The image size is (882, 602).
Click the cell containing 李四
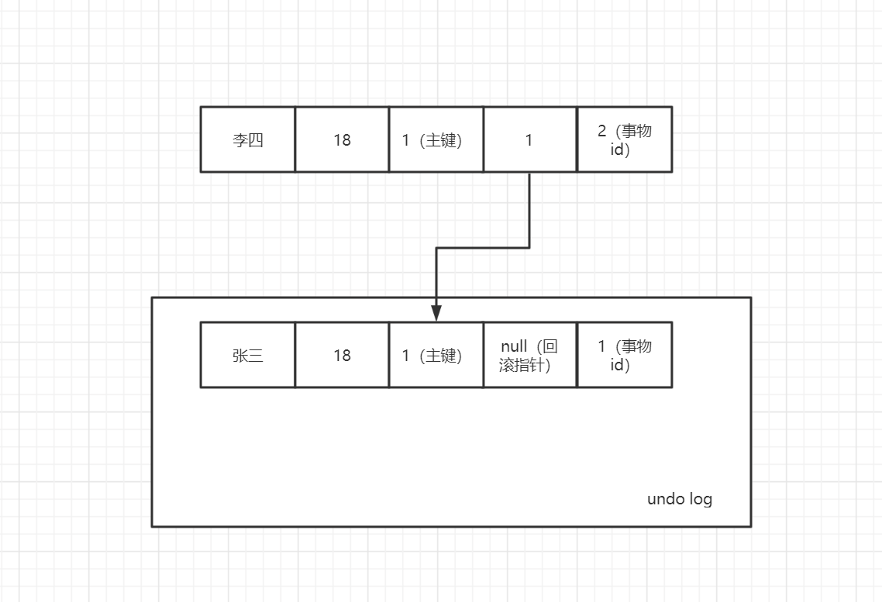pos(248,140)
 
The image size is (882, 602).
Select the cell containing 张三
pos(248,356)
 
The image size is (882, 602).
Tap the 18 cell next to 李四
pos(342,140)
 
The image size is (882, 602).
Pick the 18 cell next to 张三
pos(342,356)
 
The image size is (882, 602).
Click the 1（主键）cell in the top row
pos(436,140)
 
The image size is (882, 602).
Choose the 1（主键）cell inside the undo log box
pos(436,356)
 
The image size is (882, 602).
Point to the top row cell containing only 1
pos(529,140)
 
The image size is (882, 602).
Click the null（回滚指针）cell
pos(529,356)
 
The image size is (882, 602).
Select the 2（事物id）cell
pos(624,140)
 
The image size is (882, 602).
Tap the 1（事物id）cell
pos(624,356)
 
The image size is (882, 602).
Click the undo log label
pos(680,499)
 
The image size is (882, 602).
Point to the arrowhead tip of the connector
pos(436,319)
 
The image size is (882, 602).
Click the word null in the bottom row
pos(514,346)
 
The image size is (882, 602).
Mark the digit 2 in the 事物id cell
pos(601,131)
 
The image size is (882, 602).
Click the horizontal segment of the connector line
pos(483,248)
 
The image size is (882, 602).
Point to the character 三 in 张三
pos(256,356)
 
